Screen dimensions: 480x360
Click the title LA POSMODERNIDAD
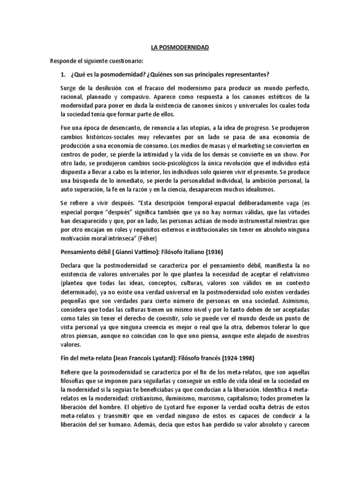pyautogui.click(x=180, y=48)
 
